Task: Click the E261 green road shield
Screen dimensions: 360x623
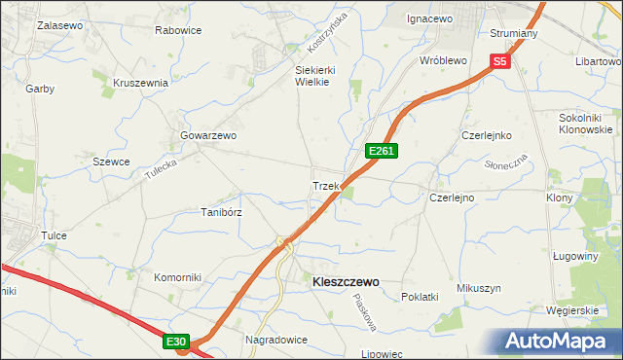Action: click(x=381, y=151)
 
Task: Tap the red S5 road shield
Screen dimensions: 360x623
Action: click(x=499, y=61)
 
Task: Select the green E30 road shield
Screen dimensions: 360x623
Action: click(x=175, y=342)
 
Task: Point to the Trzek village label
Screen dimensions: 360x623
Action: click(x=324, y=185)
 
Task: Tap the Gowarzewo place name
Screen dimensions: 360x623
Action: click(x=209, y=135)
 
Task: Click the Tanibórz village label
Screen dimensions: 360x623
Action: click(x=221, y=211)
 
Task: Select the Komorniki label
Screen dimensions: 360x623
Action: click(x=177, y=277)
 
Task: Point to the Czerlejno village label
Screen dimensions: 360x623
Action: click(x=452, y=198)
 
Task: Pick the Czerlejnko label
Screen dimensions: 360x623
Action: click(x=487, y=135)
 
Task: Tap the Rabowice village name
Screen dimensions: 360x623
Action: click(x=178, y=30)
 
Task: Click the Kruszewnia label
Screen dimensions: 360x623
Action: click(x=141, y=83)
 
